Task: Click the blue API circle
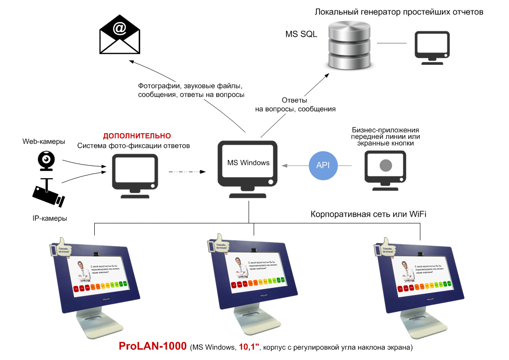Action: pos(323,165)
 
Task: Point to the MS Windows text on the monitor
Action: pos(248,163)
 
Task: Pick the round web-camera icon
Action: pos(46,160)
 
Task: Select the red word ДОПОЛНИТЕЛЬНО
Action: pos(137,136)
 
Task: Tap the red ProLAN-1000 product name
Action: pos(152,346)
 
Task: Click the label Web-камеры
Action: pos(44,142)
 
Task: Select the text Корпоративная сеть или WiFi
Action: pos(368,214)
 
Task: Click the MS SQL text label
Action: pos(301,34)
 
